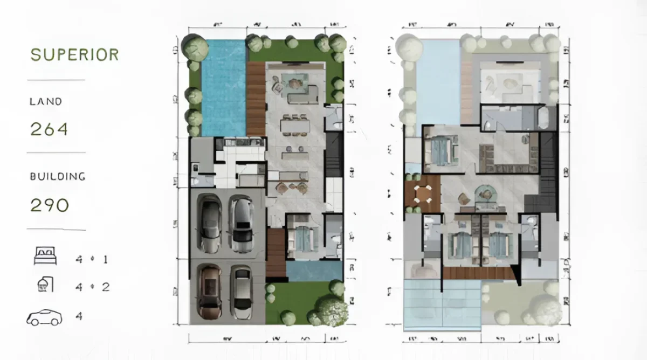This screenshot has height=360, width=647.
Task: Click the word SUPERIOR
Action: [74, 55]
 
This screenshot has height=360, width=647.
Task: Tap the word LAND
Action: [46, 101]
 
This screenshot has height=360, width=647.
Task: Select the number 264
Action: [49, 129]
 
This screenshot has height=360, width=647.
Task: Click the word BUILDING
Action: [58, 176]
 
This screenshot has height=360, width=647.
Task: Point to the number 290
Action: [49, 205]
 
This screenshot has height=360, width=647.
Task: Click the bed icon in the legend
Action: [45, 257]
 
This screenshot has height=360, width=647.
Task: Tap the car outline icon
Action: [44, 317]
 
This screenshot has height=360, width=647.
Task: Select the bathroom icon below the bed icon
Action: [45, 285]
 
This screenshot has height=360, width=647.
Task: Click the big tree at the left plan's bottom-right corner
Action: [331, 310]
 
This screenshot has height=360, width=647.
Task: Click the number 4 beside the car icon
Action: [79, 316]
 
